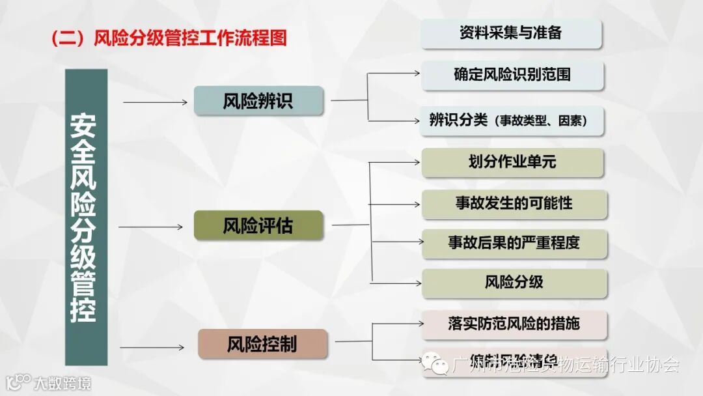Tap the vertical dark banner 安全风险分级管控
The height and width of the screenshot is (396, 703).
85,217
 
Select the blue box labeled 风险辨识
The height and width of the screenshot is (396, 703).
258,101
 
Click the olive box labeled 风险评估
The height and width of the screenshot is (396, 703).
258,226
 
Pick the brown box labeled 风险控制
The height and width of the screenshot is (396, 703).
262,344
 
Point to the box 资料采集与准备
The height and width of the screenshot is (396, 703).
511,33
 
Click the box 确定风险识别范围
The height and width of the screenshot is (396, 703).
512,75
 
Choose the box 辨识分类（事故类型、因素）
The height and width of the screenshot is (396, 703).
512,120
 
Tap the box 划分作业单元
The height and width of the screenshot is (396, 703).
512,162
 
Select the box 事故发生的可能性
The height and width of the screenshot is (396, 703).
514,203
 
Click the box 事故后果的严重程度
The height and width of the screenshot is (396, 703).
514,244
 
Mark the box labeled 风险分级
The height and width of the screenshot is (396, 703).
514,283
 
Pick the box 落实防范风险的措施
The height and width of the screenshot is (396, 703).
514,324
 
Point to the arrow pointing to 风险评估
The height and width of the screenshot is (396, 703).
151,227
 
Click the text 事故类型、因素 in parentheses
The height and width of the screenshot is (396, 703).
540,121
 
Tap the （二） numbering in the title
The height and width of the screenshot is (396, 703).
68,37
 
